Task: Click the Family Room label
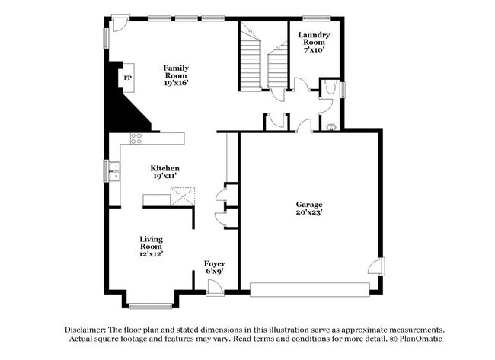click(x=175, y=72)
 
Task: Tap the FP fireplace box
click(x=127, y=78)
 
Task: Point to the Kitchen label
click(x=164, y=168)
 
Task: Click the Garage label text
click(x=309, y=205)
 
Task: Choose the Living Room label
click(x=151, y=243)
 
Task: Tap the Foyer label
click(x=214, y=263)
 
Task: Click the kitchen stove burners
click(x=136, y=138)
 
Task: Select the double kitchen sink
click(x=115, y=172)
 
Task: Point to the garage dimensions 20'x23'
click(x=309, y=213)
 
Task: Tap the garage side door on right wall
click(x=376, y=266)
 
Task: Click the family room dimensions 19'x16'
click(x=175, y=83)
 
